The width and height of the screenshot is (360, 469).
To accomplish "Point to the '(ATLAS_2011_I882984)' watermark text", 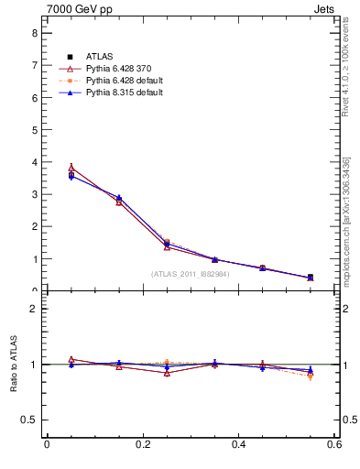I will click(x=190, y=273).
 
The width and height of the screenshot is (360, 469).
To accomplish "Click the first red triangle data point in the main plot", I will click(x=71, y=168).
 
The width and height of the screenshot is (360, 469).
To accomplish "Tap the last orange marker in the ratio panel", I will click(x=311, y=376).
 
